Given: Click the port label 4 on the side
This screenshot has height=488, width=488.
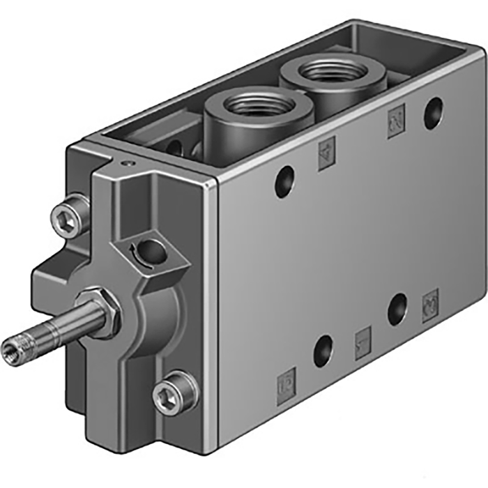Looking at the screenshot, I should coord(326,153).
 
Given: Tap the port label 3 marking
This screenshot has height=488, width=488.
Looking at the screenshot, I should coord(430,305).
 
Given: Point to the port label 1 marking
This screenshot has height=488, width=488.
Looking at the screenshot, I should coord(363,343).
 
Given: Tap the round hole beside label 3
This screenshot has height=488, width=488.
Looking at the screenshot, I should coord(397,308).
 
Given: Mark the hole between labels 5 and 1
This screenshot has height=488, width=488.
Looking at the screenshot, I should coord(323,350).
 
